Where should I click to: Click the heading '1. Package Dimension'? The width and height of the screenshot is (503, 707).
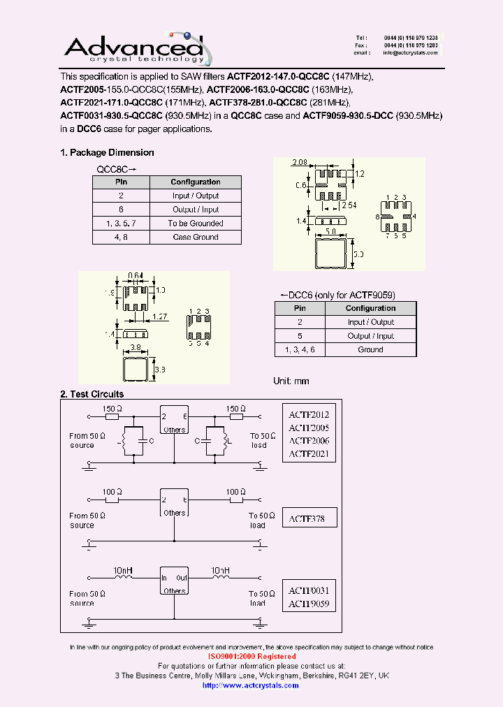point(107,152)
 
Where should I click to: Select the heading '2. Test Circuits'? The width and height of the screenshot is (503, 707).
point(92,395)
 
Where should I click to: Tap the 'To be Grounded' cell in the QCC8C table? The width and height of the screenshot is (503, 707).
point(196,224)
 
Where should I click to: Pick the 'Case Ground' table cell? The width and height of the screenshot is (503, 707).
point(196,237)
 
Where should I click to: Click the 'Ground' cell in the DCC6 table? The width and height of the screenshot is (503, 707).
point(370,349)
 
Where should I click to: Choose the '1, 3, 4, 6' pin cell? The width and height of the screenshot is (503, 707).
point(300,349)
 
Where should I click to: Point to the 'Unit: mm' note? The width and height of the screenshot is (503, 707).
point(291,381)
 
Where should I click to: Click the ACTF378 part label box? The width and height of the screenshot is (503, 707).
point(308,518)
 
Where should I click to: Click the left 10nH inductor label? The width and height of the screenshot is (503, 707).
point(124,571)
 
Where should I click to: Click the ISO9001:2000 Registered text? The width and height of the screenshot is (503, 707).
point(251,657)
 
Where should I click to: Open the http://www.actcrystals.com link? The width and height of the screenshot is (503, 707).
point(250,685)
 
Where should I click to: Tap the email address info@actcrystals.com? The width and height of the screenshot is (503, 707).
point(411,53)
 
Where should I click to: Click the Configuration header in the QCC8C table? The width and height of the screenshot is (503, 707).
point(196,182)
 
